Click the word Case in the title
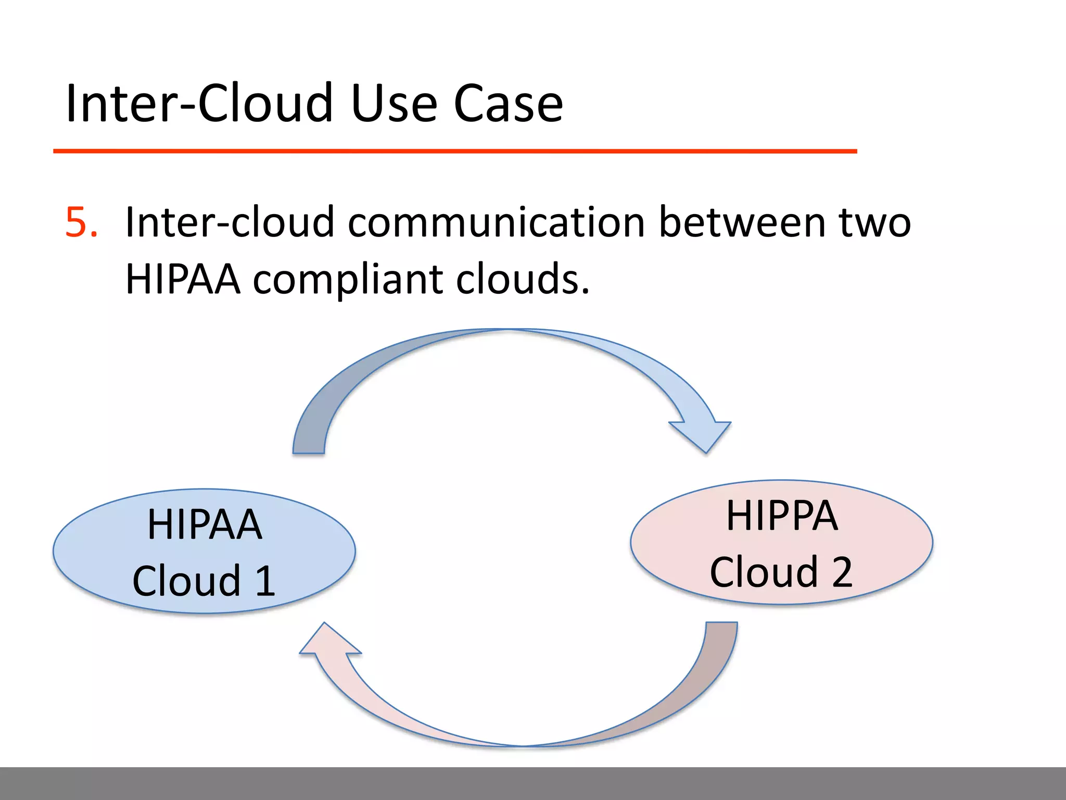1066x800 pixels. coord(508,104)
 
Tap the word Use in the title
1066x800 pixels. coord(394,104)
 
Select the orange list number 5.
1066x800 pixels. coord(81,223)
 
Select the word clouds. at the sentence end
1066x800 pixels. coord(523,279)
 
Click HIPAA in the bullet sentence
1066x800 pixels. coord(183,279)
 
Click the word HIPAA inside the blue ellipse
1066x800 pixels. coord(205,524)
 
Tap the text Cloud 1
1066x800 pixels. coord(204,581)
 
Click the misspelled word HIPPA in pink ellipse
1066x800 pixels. coord(782,516)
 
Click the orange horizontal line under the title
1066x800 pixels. coord(455,151)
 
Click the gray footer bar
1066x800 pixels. coord(533,783)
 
